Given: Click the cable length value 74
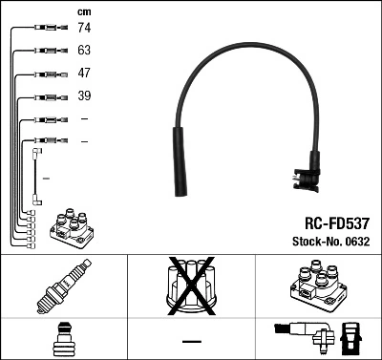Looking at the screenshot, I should (x=84, y=29).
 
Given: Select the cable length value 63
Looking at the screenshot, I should (x=84, y=52).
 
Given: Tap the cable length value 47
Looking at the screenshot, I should (x=84, y=74).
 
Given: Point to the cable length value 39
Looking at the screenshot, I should (x=84, y=97).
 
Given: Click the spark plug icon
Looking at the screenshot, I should (x=63, y=287).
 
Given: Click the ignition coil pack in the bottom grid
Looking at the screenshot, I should (x=316, y=287).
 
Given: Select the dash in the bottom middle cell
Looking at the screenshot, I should (x=191, y=341).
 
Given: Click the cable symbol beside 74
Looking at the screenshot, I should (x=47, y=29).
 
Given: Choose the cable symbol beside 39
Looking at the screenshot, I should (x=47, y=97).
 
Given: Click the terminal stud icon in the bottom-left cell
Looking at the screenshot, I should (x=63, y=340).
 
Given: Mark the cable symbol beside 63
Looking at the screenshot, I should (x=47, y=52).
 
